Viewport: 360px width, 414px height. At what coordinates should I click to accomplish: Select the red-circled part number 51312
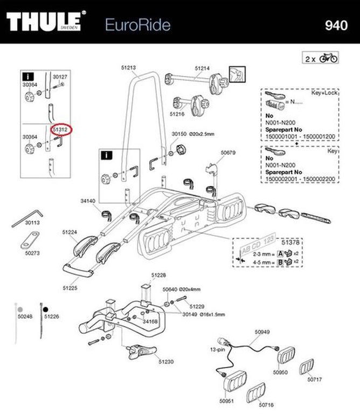(60, 129)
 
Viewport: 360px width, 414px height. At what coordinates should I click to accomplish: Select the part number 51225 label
(70, 288)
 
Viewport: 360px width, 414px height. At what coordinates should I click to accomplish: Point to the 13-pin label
(210, 349)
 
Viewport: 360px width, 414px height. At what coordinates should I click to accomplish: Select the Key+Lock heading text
(323, 93)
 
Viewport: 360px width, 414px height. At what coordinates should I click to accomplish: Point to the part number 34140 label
(88, 201)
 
